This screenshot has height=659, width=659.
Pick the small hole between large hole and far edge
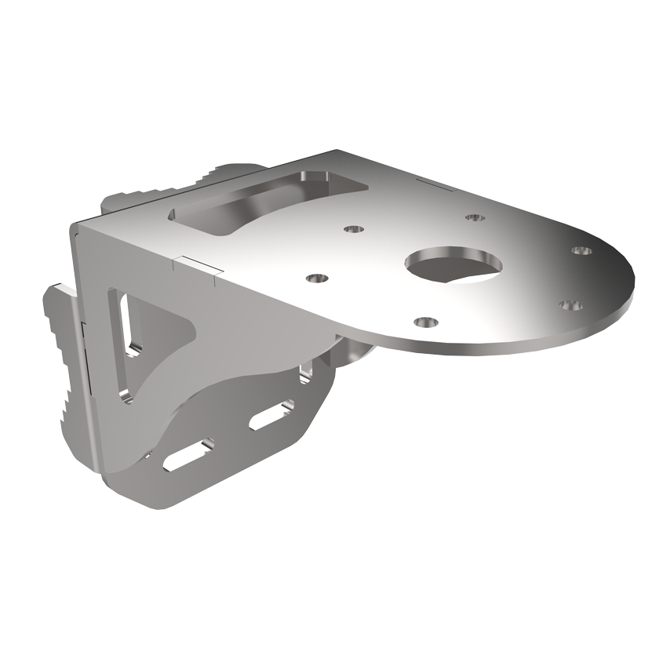472,216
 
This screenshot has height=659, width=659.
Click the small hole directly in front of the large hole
425,322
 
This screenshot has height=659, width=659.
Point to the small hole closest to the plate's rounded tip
581,250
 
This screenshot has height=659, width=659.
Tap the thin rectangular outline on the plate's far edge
431,184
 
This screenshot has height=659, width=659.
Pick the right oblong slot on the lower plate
271,417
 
